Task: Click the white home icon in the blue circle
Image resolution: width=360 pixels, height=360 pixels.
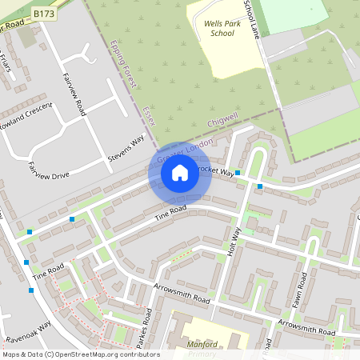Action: (180, 172)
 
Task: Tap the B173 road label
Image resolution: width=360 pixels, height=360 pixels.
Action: (44, 14)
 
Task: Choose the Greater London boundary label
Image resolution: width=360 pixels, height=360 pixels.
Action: (186, 151)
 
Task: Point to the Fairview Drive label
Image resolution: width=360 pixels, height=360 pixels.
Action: (48, 171)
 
